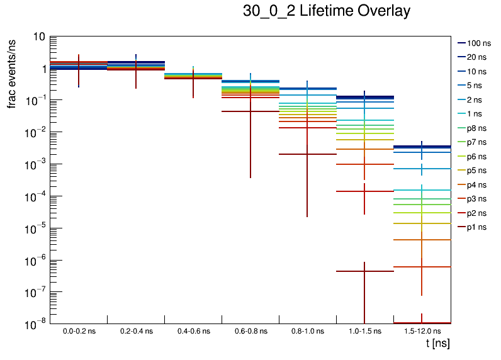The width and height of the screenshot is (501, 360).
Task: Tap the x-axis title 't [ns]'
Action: tap(437, 344)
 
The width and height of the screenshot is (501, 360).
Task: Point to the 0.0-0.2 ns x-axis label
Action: tap(79, 330)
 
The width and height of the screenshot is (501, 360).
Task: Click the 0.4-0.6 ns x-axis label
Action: tap(193, 330)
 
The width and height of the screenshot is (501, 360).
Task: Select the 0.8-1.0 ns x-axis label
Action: tap(307, 330)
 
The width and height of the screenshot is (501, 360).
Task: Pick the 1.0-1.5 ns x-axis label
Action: tap(364, 330)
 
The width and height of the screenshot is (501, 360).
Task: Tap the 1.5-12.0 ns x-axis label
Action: tap(422, 330)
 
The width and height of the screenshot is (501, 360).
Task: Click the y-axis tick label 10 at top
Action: tap(37, 37)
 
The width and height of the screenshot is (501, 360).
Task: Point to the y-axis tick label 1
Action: tap(41, 69)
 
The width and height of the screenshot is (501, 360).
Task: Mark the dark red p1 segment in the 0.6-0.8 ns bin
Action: tap(236, 111)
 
